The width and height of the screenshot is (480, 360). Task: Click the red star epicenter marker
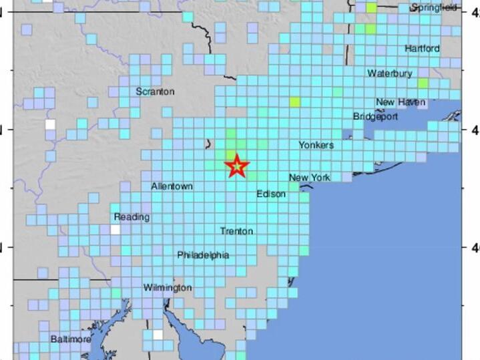coord(236,166)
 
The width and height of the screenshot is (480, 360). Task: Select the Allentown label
coord(172,186)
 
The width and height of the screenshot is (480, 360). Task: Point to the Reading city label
coord(132,217)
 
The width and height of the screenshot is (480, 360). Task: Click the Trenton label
coord(236,231)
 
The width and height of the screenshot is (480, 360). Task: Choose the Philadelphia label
coord(203,255)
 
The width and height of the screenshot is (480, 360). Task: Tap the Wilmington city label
coord(168,288)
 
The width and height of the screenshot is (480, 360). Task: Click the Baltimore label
coord(71,339)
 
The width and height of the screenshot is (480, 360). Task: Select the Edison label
coord(271,194)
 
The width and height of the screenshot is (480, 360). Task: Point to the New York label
coord(310,177)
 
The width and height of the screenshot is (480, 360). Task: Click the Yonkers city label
coord(316,145)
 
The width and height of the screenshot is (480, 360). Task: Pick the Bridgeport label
coord(375,116)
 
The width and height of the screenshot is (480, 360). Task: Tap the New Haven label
coord(401,102)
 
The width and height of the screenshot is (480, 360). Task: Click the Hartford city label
coord(422,49)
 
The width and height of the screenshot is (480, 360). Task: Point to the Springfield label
coord(434,7)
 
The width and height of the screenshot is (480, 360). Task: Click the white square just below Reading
coord(116,230)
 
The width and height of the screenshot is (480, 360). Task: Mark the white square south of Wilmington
coord(158,335)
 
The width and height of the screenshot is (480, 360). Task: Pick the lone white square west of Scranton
coord(50,124)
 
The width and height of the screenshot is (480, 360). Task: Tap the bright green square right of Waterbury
coord(423,83)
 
